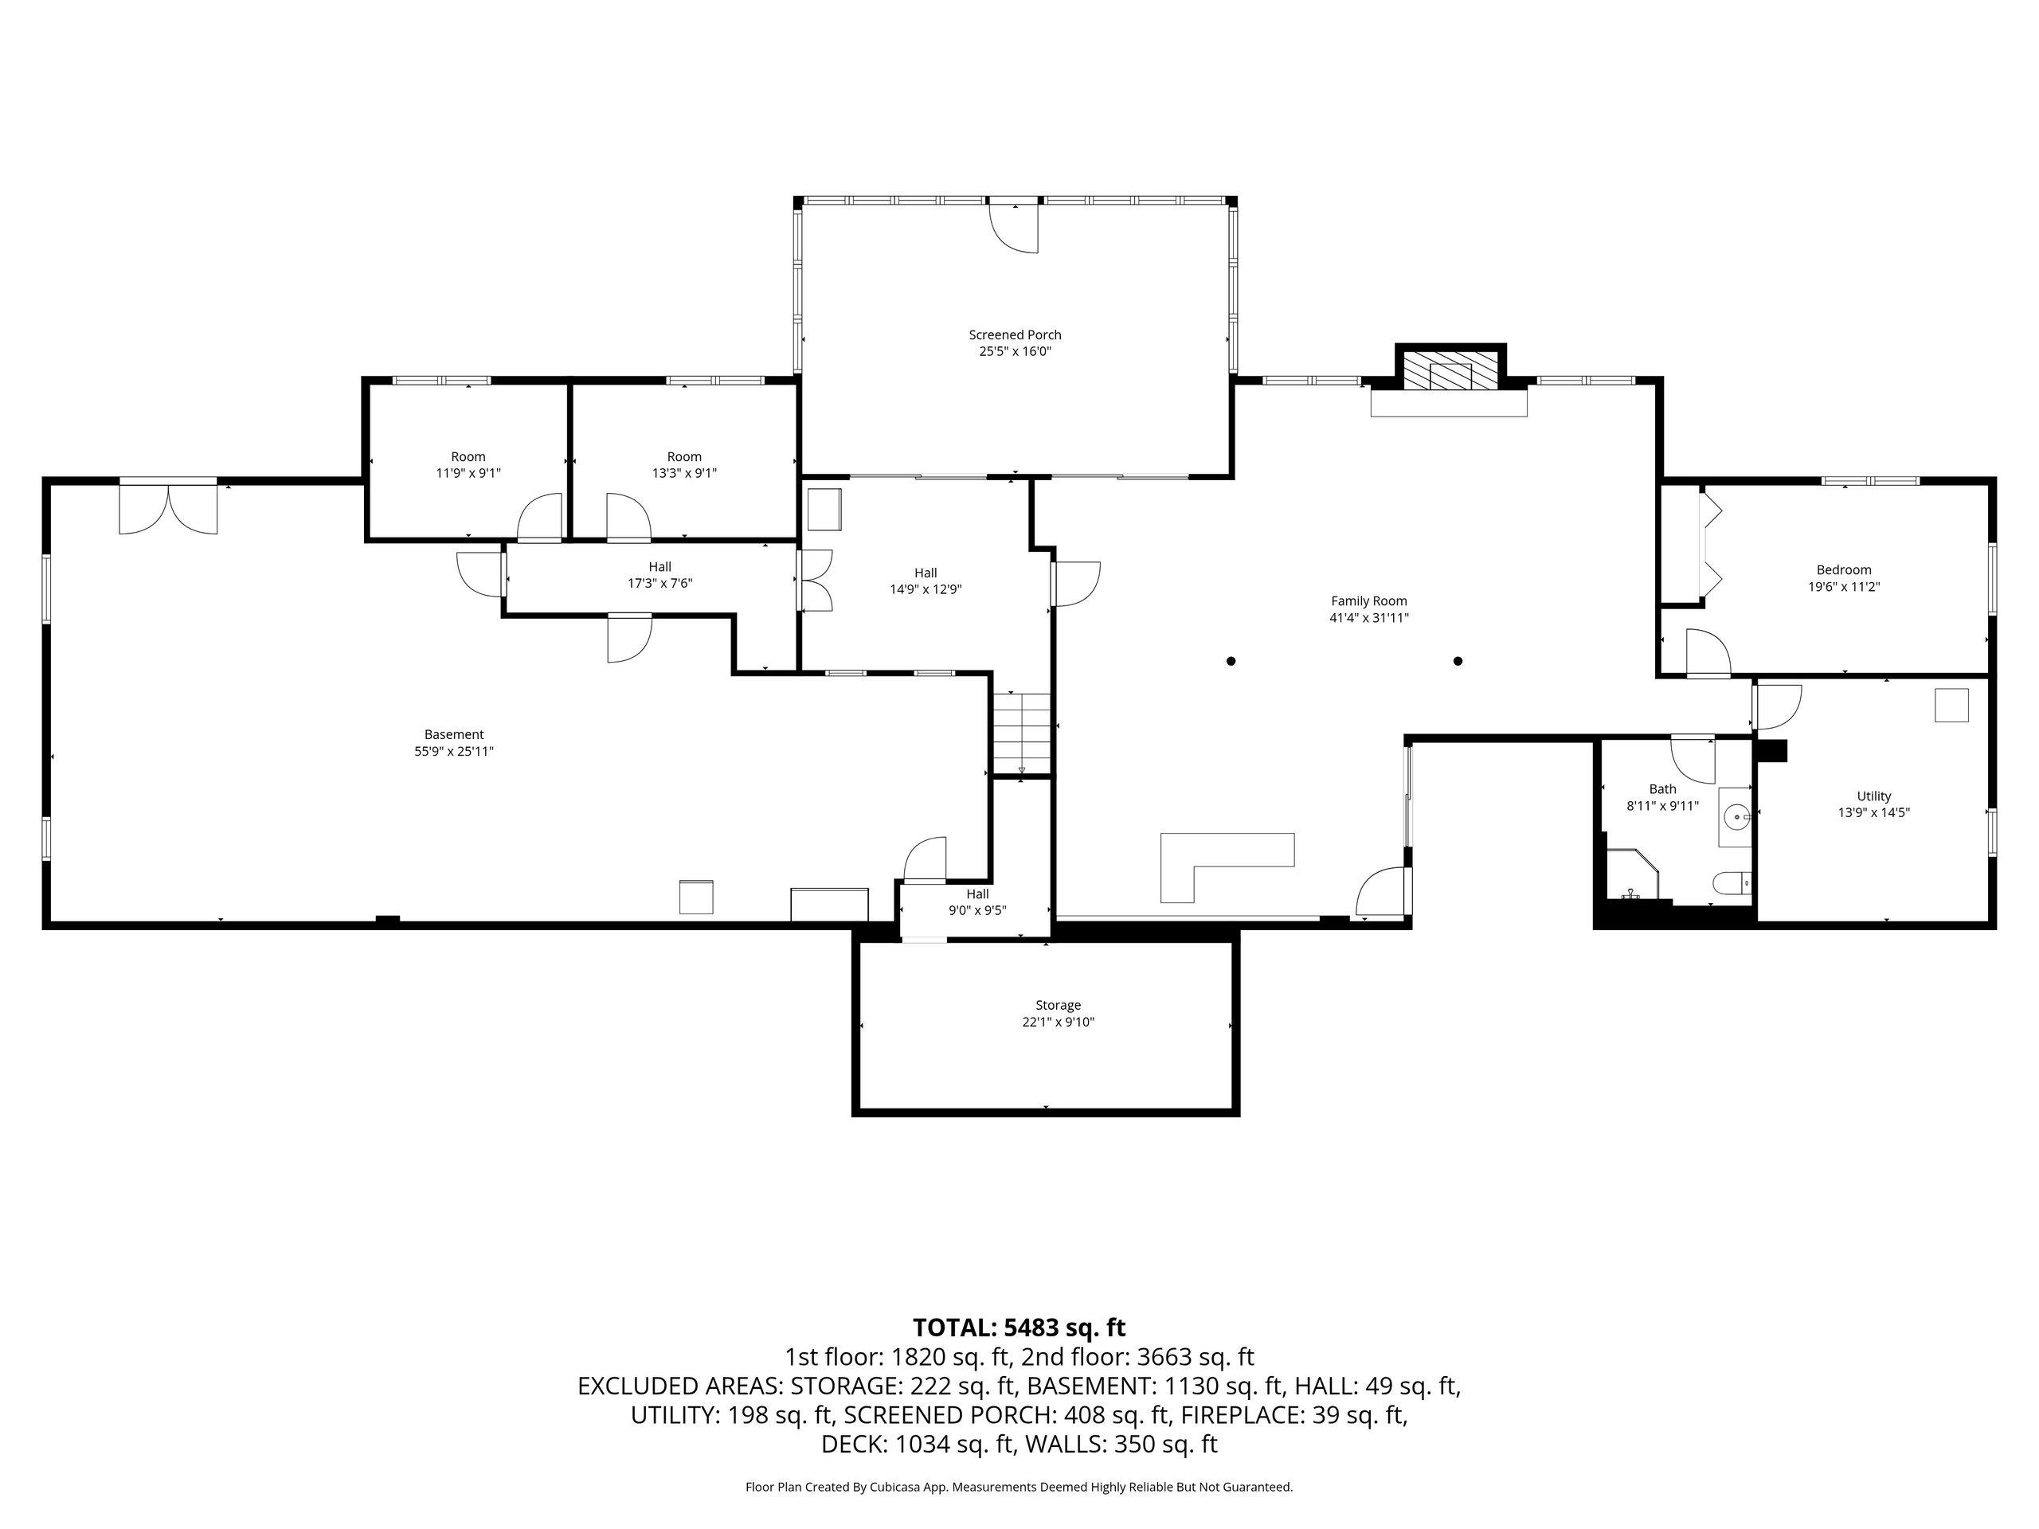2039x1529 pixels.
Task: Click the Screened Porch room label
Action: (1015, 334)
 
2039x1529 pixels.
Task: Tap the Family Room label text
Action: (1369, 601)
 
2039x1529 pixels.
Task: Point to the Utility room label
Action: (1874, 796)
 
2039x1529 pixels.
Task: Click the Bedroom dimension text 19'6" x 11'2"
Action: (1844, 586)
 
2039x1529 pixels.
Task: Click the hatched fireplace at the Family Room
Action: (1451, 370)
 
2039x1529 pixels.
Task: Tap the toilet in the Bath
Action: (1731, 885)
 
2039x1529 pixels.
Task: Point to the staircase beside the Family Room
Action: (1021, 733)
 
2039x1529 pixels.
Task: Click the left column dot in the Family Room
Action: (1231, 661)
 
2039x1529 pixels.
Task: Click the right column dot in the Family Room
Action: (1458, 661)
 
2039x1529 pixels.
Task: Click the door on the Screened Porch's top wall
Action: (1014, 227)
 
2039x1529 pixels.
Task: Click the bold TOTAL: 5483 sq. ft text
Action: (1019, 1328)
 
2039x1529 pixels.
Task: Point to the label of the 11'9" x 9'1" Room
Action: (468, 456)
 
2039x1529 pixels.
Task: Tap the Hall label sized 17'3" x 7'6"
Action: (660, 567)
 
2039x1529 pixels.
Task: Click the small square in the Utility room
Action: (1951, 706)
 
